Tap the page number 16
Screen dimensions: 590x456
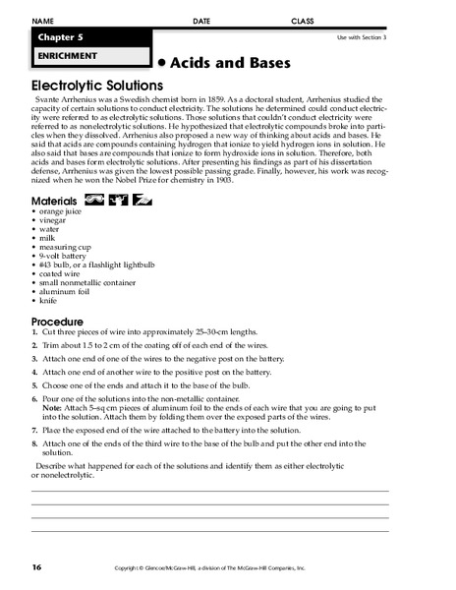click(x=36, y=566)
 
